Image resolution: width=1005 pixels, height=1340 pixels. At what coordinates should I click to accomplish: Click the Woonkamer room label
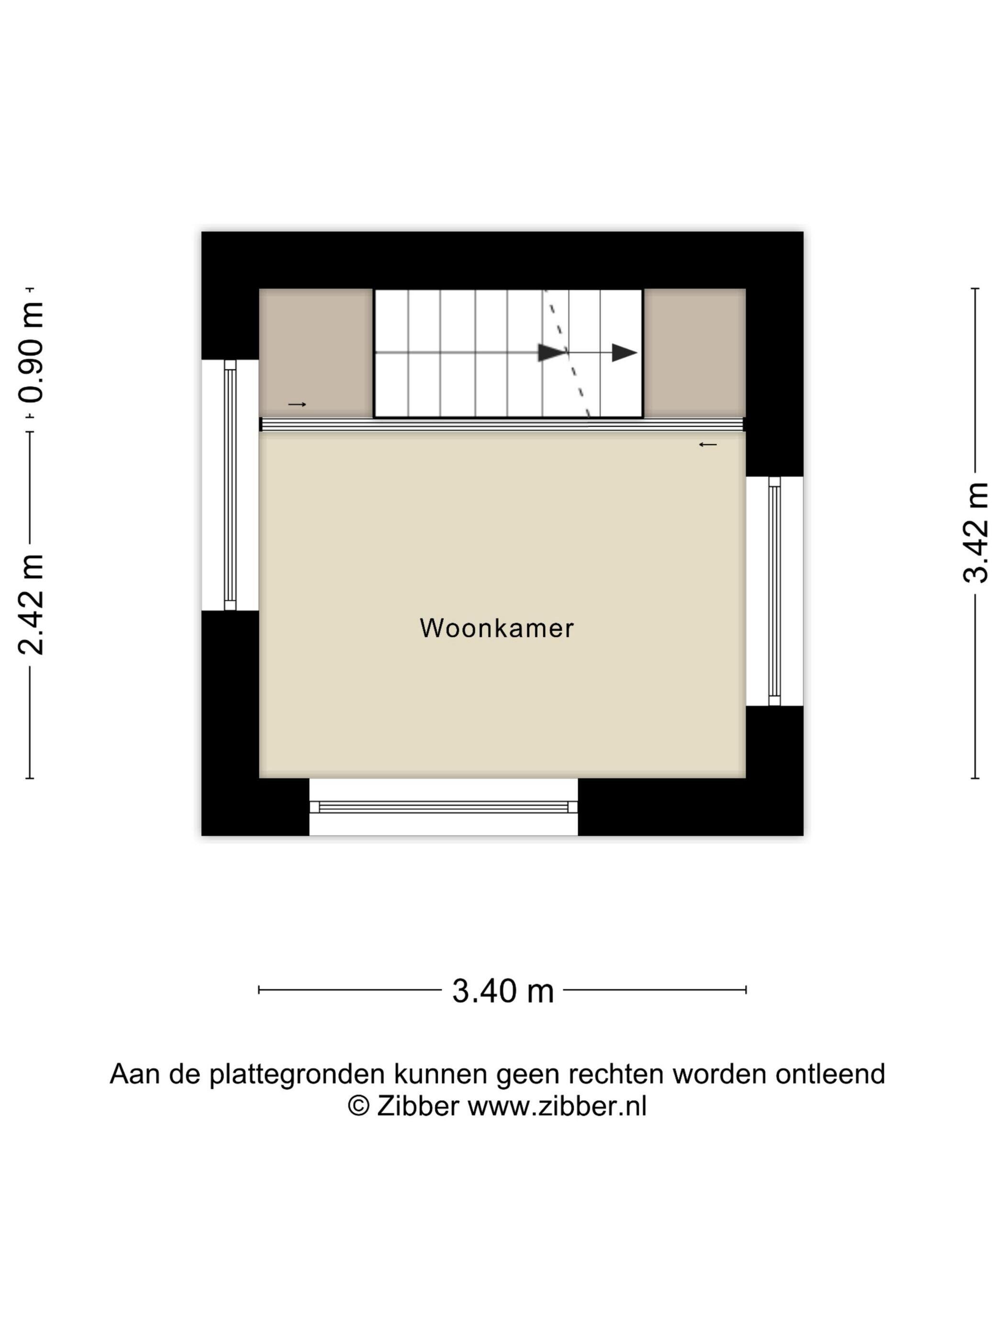click(x=496, y=628)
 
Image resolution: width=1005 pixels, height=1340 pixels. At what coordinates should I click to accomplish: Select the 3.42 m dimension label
click(x=976, y=533)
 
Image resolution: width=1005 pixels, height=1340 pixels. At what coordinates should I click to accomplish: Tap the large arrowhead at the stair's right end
click(x=625, y=353)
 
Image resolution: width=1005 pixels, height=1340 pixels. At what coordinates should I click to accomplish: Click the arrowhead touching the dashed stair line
click(x=551, y=353)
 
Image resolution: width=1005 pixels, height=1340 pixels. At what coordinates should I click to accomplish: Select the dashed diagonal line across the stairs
click(x=568, y=354)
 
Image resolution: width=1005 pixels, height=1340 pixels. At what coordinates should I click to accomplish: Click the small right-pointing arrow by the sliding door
click(x=297, y=404)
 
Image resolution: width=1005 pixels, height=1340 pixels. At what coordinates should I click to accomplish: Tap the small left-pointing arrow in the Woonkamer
click(x=707, y=445)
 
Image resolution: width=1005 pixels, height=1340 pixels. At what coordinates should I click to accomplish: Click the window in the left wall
click(x=230, y=485)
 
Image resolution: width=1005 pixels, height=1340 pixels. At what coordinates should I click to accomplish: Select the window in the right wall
click(x=775, y=591)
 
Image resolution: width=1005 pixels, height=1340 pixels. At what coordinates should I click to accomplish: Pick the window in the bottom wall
click(x=444, y=807)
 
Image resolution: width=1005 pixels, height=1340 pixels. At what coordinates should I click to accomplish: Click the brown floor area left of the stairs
click(x=315, y=353)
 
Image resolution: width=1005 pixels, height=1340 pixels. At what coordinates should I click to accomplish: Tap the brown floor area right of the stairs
click(x=694, y=353)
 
